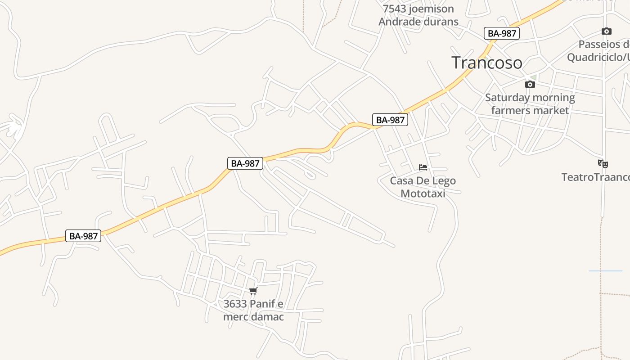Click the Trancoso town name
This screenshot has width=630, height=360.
tap(487, 63)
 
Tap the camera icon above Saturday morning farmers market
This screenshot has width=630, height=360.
tap(530, 84)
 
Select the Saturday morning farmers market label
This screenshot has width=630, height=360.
tap(530, 104)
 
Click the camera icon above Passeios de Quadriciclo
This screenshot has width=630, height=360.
tap(607, 31)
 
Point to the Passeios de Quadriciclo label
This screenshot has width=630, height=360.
tap(598, 51)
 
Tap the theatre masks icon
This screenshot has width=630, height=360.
tap(603, 163)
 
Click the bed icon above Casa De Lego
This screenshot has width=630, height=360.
tap(423, 167)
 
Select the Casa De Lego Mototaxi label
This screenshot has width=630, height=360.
tap(423, 187)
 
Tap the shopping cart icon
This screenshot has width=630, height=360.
tap(253, 291)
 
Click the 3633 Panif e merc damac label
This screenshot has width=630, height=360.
tap(253, 310)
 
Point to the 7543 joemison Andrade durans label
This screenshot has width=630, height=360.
tap(418, 15)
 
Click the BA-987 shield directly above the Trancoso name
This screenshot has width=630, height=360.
tap(502, 33)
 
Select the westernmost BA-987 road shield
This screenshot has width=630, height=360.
tap(84, 236)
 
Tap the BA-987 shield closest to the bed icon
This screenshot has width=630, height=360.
tap(390, 120)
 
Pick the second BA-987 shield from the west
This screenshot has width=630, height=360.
tap(245, 163)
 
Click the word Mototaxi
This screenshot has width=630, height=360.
tap(423, 193)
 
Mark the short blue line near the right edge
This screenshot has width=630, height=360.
tap(605, 271)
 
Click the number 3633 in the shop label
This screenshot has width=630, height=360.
tap(235, 304)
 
